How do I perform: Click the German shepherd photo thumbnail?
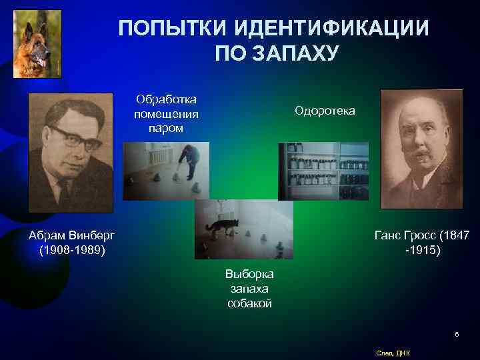point(37,43)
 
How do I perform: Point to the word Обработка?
point(166,99)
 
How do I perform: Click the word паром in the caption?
point(166,127)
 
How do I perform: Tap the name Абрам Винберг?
point(71,235)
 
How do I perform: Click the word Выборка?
point(250,274)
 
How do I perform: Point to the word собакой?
point(250,303)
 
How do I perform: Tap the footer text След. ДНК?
point(393,353)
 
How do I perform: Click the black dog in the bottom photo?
point(221,227)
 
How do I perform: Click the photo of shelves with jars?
point(323,171)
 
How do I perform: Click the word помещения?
point(166,113)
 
